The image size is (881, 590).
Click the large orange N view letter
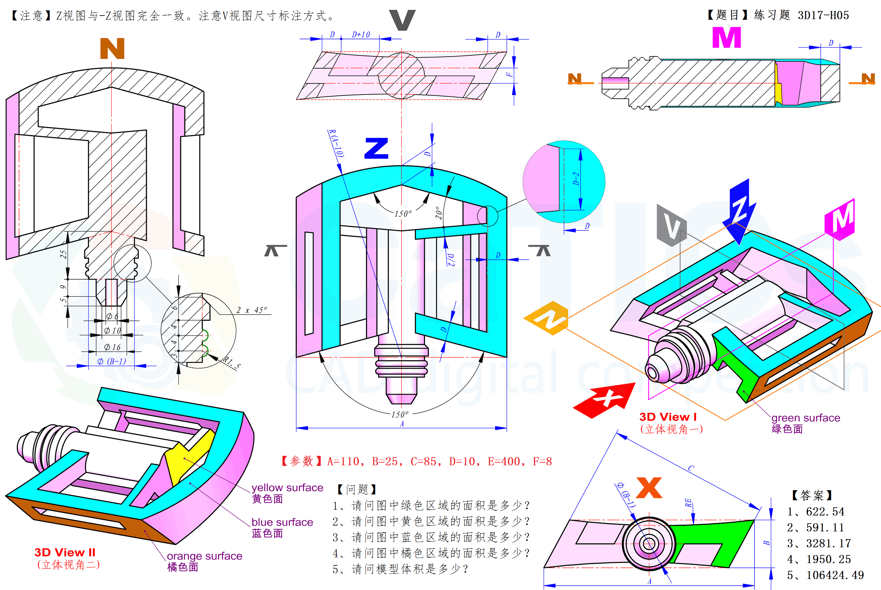click(112, 49)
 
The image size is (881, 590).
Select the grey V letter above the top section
click(402, 20)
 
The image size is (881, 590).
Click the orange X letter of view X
click(649, 488)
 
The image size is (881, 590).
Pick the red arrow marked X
click(605, 399)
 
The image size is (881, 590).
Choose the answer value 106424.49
click(835, 575)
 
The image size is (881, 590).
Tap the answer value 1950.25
click(828, 559)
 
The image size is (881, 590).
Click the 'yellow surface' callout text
click(287, 488)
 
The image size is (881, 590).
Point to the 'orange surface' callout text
click(204, 556)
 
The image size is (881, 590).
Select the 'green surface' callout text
click(806, 418)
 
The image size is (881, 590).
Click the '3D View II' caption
click(65, 552)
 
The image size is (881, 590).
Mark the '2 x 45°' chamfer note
click(252, 310)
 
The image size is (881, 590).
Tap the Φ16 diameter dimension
click(112, 347)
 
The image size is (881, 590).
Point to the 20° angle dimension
click(439, 213)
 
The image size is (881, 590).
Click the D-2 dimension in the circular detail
click(576, 179)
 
